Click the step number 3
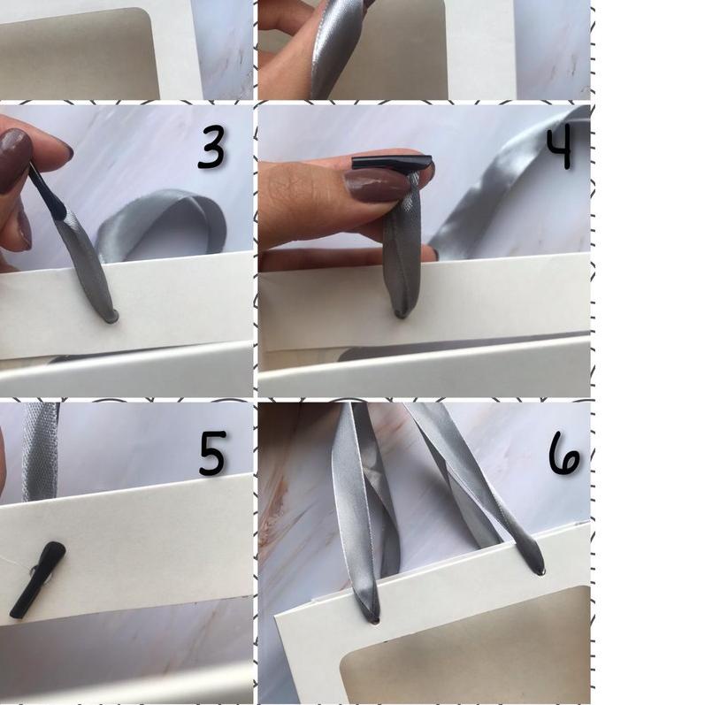(211, 148)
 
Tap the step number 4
(560, 147)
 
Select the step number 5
(211, 453)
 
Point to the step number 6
(564, 453)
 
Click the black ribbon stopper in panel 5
(37, 579)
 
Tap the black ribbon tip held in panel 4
(392, 162)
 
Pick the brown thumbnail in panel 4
(377, 185)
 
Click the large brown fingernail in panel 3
(14, 159)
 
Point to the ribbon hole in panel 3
(111, 317)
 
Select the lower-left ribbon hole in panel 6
(374, 620)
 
